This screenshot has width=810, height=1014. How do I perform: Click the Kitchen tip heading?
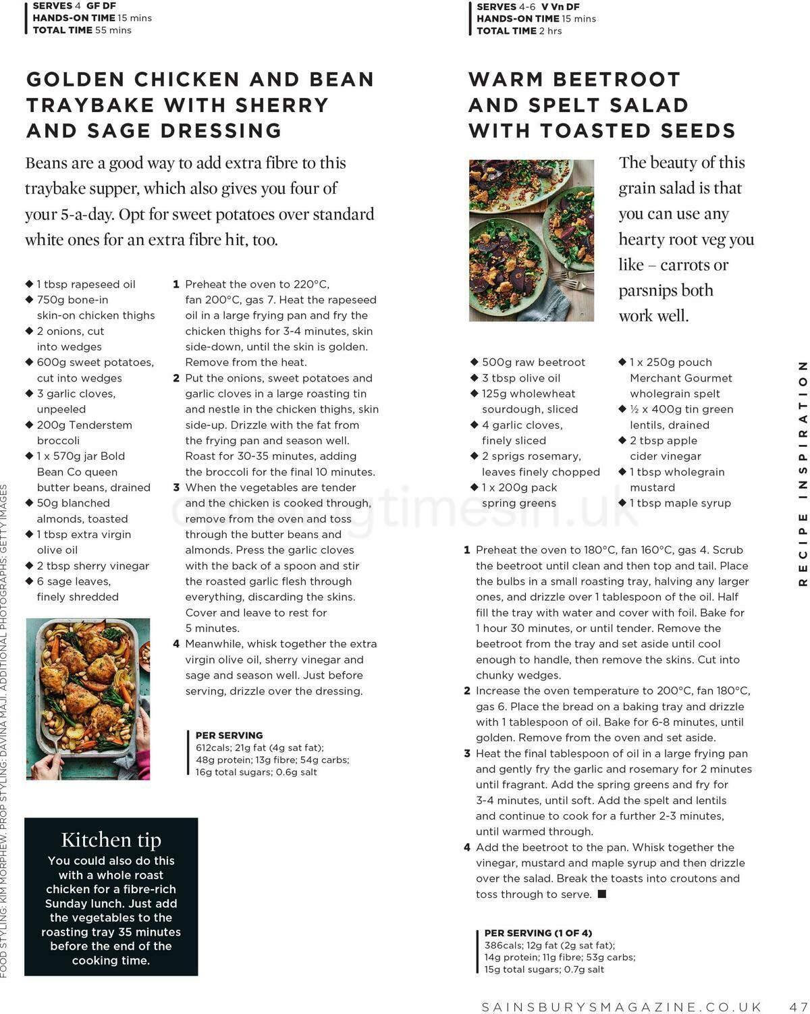[111, 839]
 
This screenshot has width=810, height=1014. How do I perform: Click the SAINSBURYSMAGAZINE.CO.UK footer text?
[622, 1006]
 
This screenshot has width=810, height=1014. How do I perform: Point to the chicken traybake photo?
[88, 699]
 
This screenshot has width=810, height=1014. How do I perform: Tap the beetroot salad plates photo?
[531, 240]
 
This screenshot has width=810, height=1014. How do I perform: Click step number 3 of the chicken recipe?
[176, 487]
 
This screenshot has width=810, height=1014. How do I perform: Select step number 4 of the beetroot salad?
[466, 847]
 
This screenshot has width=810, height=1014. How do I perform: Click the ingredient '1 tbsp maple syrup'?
[680, 503]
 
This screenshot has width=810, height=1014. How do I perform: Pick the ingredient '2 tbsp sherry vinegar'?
[92, 566]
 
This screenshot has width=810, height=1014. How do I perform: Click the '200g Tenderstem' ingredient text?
[84, 425]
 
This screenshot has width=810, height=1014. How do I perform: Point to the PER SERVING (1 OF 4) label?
[538, 932]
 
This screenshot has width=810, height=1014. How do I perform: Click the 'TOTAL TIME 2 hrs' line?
[519, 31]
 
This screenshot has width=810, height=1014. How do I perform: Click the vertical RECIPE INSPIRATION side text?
[803, 473]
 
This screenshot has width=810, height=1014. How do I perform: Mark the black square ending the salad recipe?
[602, 894]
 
